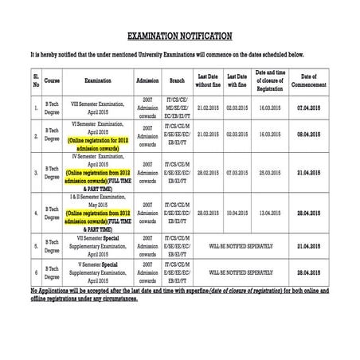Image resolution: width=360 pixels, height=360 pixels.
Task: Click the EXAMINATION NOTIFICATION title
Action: [x=180, y=36]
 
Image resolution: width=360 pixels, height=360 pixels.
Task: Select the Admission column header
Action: [x=147, y=81]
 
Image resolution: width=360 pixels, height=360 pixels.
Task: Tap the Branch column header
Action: [x=177, y=81]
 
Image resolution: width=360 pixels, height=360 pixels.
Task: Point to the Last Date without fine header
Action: [x=208, y=80]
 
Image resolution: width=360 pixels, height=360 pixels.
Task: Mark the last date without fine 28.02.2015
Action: [x=208, y=172]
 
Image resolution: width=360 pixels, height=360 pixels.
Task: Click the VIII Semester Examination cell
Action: [x=97, y=106]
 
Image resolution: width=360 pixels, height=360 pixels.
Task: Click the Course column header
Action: [x=53, y=81]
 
